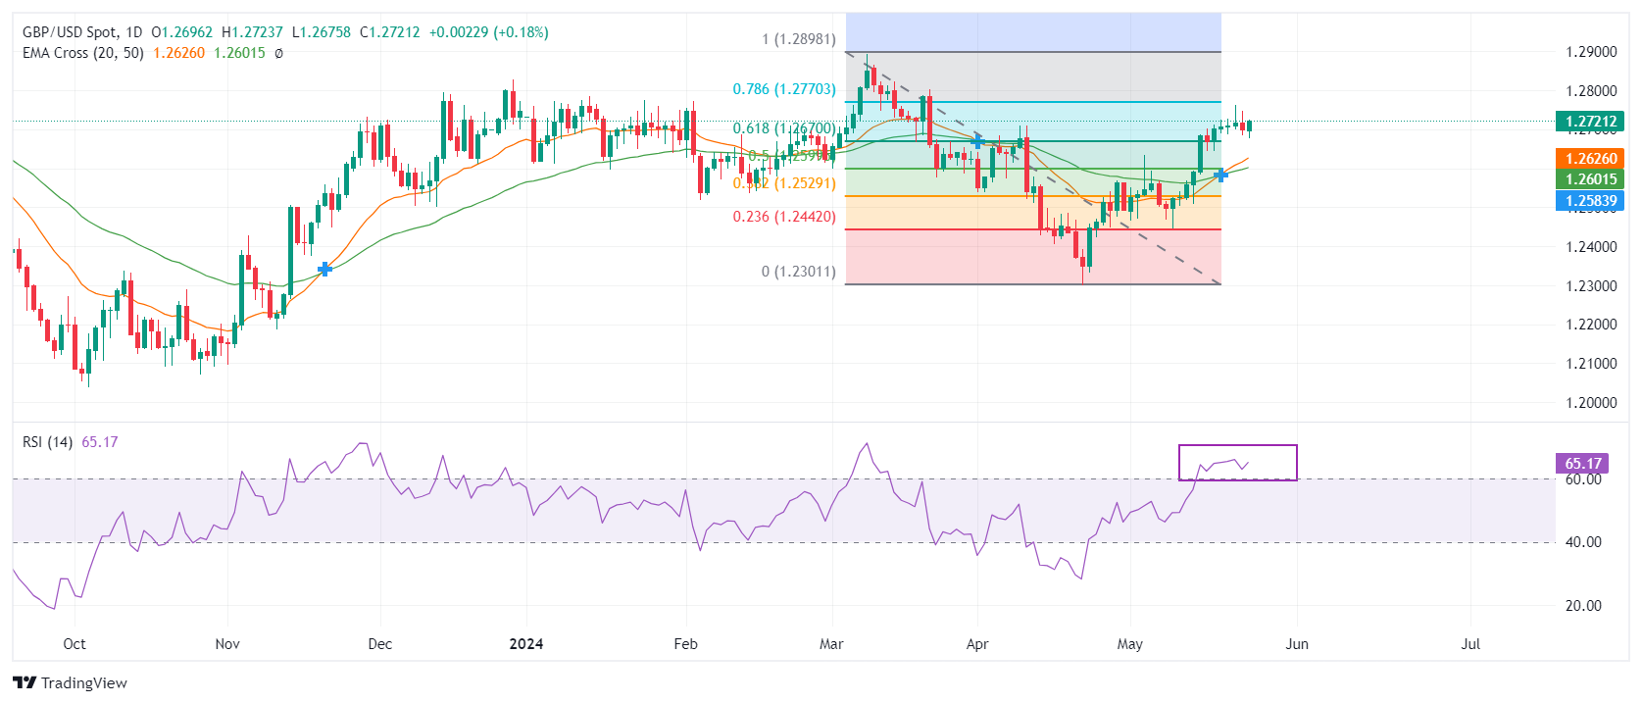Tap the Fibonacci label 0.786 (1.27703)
pos(784,89)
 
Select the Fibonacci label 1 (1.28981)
pos(798,40)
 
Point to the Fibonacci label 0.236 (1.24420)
pos(784,217)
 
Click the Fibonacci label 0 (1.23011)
pos(798,272)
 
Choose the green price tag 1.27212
pos(1589,123)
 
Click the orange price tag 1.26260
pos(1589,159)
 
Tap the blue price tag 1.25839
pos(1589,201)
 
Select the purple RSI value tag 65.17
pos(1582,464)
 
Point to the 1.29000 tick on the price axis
pos(1591,52)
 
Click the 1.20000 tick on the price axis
pos(1591,403)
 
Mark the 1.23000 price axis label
pos(1591,286)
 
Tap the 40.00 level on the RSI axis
pos(1583,542)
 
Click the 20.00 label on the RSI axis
pos(1583,606)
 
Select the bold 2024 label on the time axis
pos(526,644)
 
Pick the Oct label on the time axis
pos(75,644)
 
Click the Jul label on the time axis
pos(1470,644)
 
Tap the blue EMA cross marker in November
pos(325,269)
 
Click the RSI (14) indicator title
pos(47,442)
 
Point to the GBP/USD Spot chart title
pos(68,32)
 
